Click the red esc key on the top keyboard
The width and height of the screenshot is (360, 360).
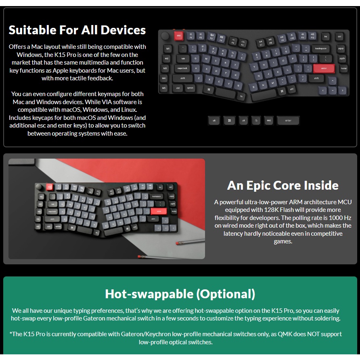click(179, 36)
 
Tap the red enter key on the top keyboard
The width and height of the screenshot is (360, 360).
click(324, 69)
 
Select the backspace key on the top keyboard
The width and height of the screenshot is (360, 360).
click(321, 49)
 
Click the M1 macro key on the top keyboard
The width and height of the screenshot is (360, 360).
click(168, 49)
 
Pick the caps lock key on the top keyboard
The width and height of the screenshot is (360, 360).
click(182, 68)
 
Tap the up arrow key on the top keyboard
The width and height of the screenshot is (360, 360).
click(333, 81)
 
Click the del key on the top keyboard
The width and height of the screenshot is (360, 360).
click(339, 36)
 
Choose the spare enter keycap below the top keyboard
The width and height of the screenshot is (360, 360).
click(288, 121)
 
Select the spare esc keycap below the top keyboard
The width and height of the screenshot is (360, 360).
click(269, 121)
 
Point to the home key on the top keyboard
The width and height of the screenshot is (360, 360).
click(344, 69)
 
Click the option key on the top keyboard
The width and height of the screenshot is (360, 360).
click(190, 88)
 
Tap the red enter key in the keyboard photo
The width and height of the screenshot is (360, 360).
click(159, 211)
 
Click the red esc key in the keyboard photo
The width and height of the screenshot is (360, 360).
click(49, 187)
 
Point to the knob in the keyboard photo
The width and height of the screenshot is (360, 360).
click(39, 186)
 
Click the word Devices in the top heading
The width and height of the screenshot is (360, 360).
click(123, 30)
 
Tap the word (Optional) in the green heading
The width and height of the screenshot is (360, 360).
click(226, 294)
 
